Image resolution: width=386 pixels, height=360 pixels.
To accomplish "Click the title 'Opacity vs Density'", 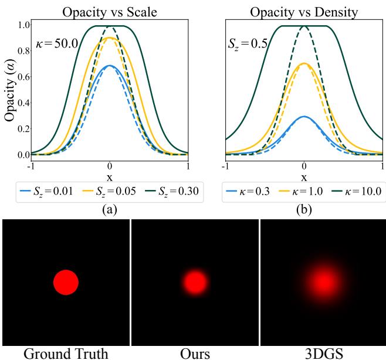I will pos(304,12).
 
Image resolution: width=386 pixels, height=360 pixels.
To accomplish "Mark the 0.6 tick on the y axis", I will pos(24,77).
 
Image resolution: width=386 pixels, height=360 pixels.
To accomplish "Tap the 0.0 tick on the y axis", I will pos(24,154).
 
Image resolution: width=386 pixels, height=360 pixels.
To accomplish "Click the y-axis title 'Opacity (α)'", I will pos(9,89).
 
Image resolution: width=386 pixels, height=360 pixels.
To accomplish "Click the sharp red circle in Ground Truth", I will pos(66,282).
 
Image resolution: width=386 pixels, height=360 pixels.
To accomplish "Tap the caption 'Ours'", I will pos(194,352).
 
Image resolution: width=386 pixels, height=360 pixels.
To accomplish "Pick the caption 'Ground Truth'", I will pos(66,352).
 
